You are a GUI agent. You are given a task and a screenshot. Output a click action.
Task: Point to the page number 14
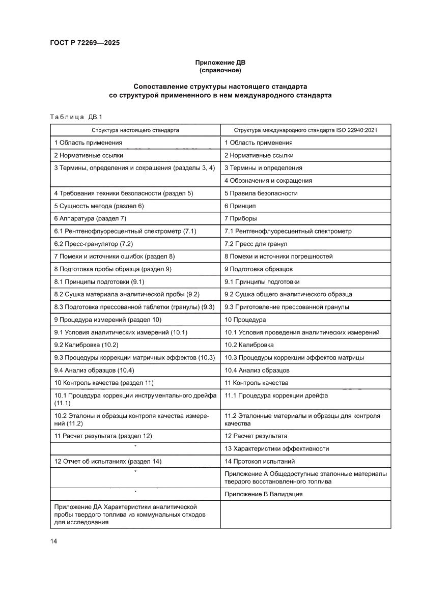point(53,541)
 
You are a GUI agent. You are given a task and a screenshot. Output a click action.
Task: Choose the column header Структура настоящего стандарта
point(135,130)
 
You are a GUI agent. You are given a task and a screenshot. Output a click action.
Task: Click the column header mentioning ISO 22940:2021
point(305,130)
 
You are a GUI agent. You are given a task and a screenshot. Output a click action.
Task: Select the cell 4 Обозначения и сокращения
point(268,181)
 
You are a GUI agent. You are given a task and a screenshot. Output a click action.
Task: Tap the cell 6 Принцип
point(240,206)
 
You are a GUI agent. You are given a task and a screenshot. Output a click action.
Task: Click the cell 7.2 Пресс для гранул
point(256,244)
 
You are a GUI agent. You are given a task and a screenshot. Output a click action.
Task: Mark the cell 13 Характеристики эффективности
point(276,449)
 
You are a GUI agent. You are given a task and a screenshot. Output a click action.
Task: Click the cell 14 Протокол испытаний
point(259,462)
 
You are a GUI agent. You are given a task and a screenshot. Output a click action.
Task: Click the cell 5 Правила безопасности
point(261,193)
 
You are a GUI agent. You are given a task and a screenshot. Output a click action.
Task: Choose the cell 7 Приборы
point(241,219)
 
